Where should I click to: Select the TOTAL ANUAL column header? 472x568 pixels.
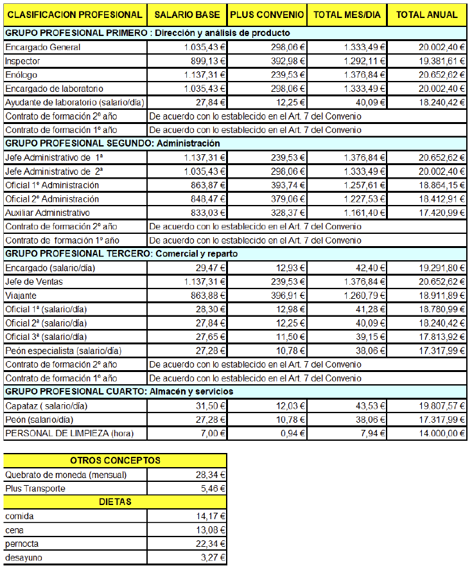click(x=427, y=15)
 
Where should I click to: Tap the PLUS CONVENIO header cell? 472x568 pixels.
click(x=267, y=15)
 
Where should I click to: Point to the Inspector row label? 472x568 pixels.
click(x=22, y=61)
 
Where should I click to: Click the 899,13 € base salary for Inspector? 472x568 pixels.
click(x=204, y=61)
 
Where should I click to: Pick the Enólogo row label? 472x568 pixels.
click(x=21, y=75)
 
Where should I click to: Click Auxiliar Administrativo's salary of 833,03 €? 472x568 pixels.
click(x=204, y=212)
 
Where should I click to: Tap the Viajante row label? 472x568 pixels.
click(x=20, y=296)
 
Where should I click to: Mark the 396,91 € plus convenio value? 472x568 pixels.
click(x=286, y=296)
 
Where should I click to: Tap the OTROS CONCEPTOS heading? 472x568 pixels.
click(x=115, y=461)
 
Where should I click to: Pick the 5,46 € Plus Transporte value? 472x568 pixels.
click(x=211, y=488)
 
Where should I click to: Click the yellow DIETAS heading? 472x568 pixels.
click(x=115, y=502)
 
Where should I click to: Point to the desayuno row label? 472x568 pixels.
click(x=24, y=558)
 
